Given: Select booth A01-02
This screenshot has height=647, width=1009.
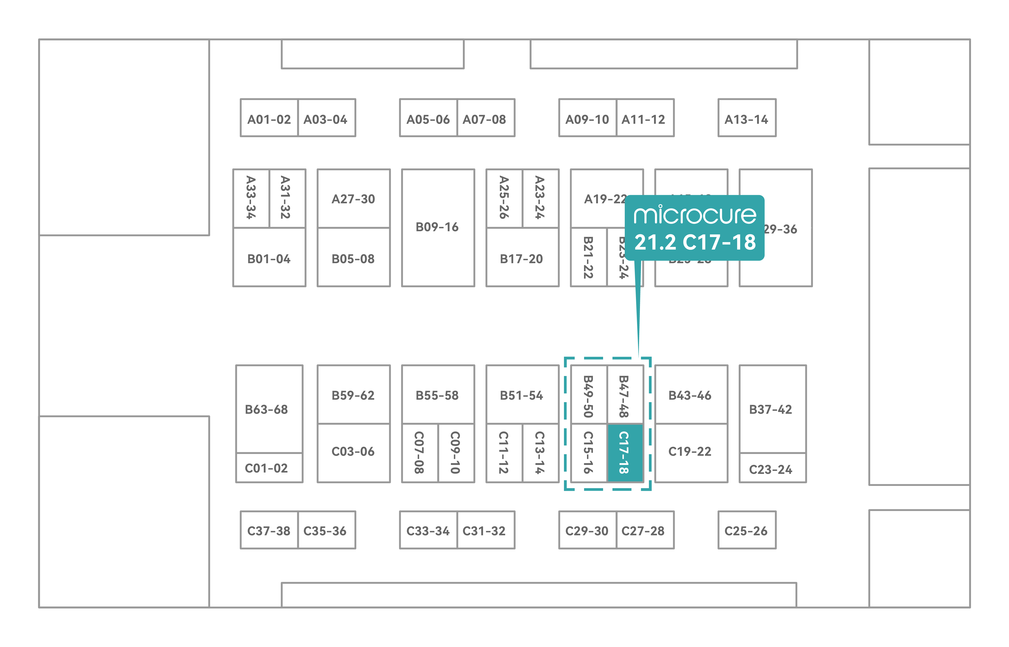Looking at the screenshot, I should [269, 119].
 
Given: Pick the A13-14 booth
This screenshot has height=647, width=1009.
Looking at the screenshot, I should [746, 119].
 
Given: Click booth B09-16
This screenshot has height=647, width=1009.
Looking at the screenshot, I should [437, 227].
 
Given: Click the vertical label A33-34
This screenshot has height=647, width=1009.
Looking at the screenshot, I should [251, 197].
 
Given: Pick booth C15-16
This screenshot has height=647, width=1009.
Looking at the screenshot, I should [588, 452].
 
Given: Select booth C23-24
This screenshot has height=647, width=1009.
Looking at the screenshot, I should [771, 469].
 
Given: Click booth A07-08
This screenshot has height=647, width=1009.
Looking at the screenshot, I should [485, 119].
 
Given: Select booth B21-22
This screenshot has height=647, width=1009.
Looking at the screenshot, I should [588, 257].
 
